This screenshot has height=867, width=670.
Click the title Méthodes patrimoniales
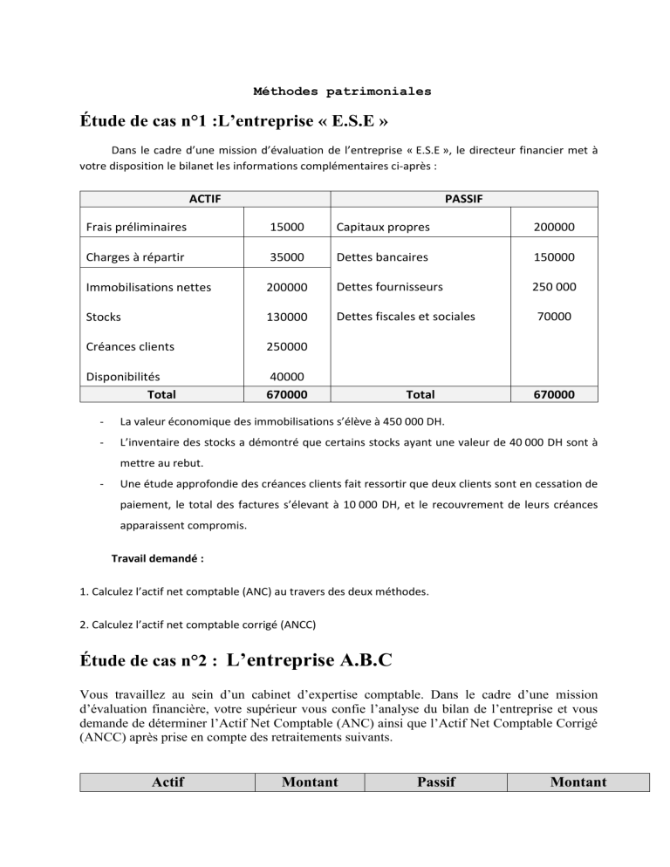point(342,91)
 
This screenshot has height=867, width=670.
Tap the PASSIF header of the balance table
point(465,200)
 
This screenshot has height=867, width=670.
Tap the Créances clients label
point(129,346)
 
